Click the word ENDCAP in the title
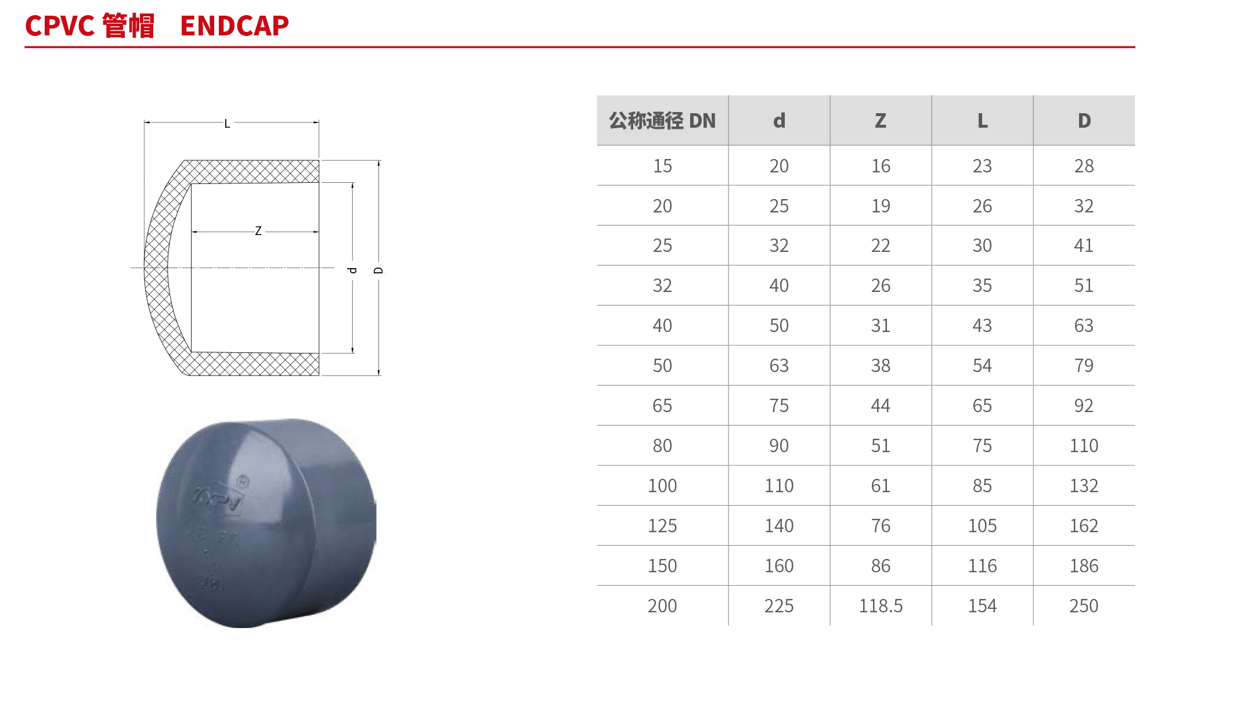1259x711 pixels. tap(235, 26)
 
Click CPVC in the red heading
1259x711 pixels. tap(60, 26)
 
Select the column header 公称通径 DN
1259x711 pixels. tap(662, 121)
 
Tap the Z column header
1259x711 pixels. tap(881, 121)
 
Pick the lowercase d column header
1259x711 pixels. tap(779, 121)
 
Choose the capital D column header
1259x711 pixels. tap(1084, 121)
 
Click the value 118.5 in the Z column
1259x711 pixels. tap(881, 606)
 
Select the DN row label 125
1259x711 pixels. tap(662, 526)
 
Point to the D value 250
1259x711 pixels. tap(1084, 606)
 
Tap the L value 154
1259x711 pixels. tap(982, 606)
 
